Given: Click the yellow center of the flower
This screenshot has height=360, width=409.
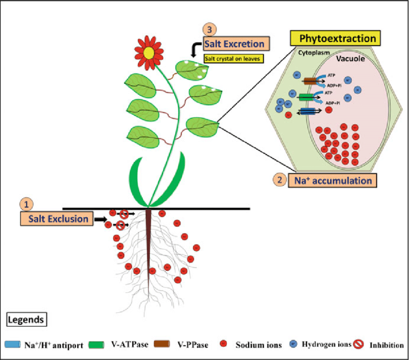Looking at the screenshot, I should [150, 51].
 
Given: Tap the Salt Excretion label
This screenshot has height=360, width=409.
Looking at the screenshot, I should [235, 44].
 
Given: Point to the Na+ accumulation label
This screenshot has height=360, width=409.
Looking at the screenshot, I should [332, 180].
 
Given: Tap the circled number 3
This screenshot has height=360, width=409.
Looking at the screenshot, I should [209, 28].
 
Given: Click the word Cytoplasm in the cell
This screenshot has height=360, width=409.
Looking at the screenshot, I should [312, 51].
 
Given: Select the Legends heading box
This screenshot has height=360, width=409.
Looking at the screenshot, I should [26, 319].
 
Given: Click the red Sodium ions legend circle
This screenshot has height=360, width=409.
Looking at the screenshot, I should [222, 345].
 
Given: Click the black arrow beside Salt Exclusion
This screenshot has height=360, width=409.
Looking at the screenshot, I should [100, 219].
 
